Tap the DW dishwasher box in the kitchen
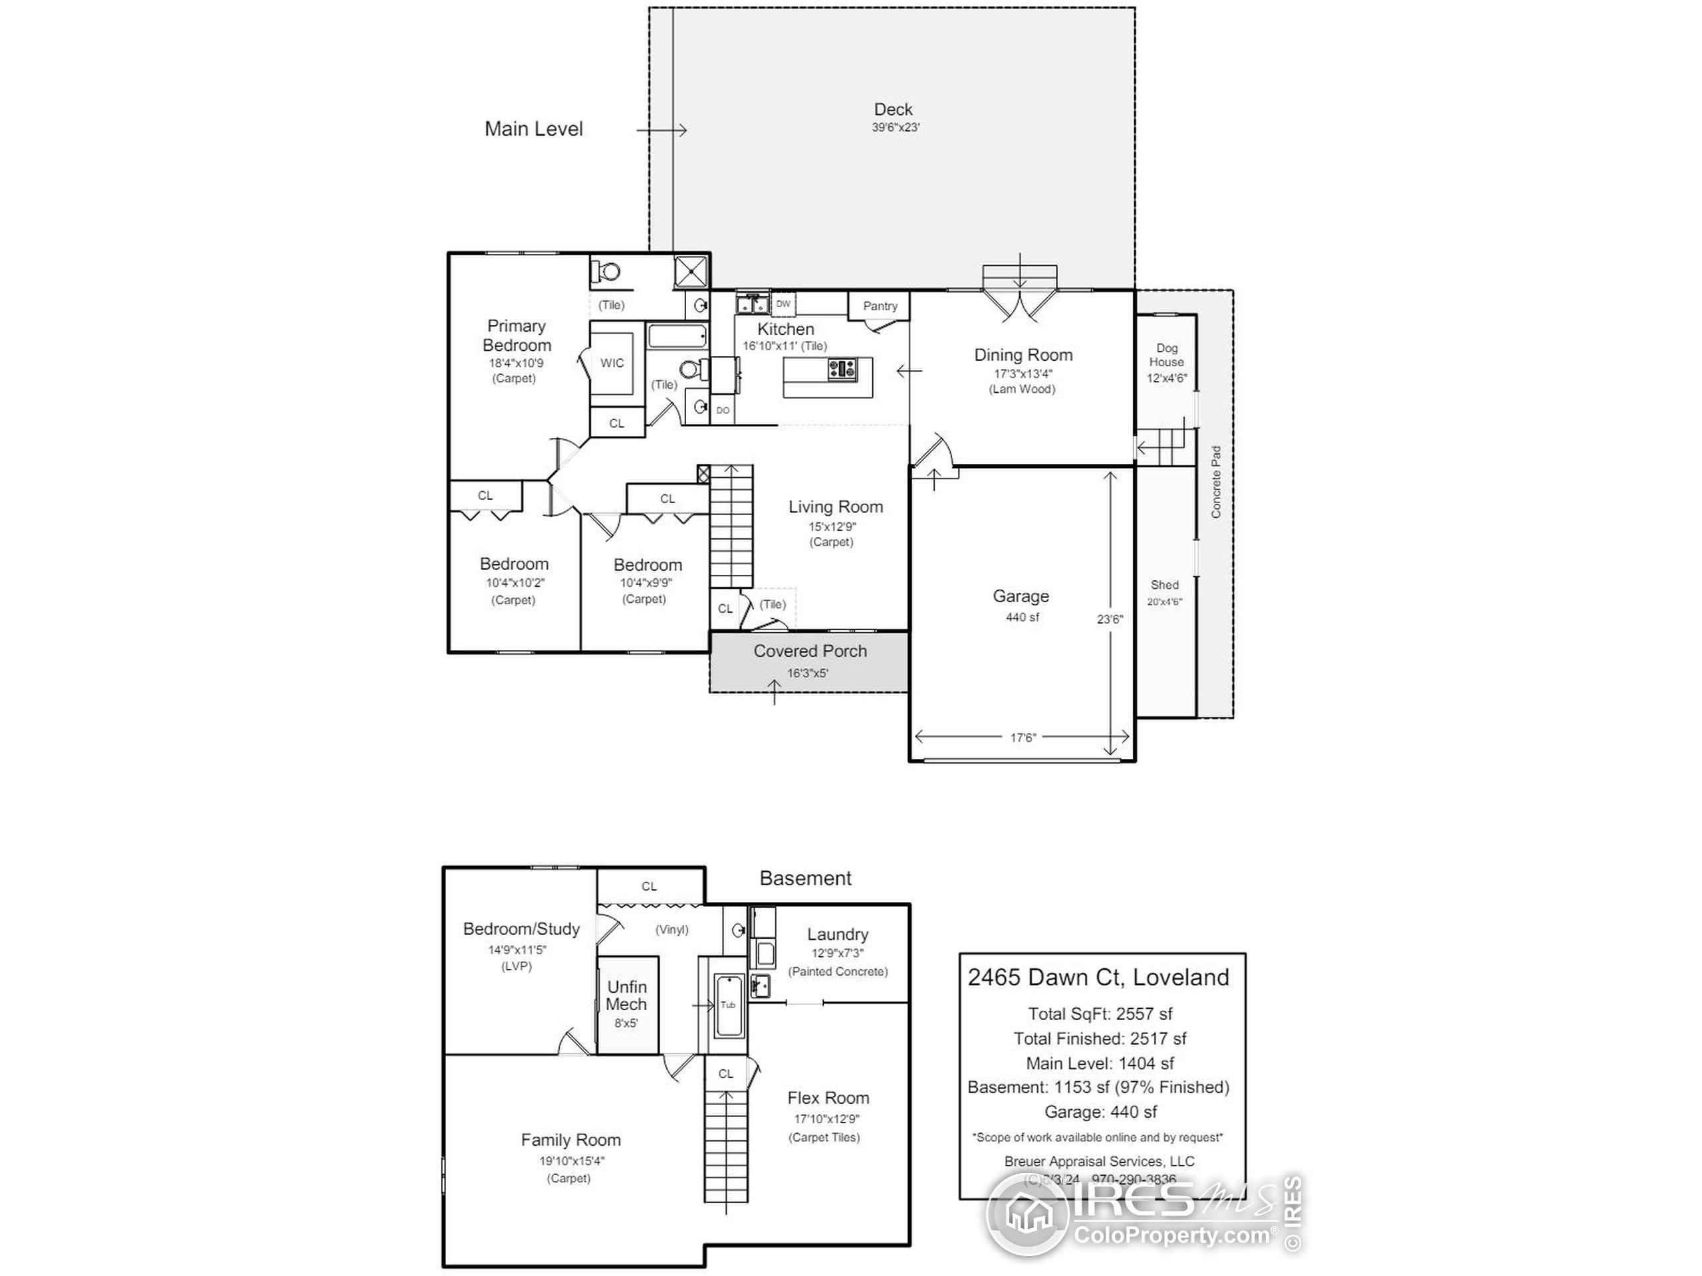(783, 304)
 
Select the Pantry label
(880, 306)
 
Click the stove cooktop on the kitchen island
(842, 370)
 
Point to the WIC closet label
(612, 363)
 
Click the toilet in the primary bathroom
(608, 272)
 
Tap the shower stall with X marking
(691, 272)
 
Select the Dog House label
(1167, 355)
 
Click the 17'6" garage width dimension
(1023, 738)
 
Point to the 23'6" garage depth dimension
(1110, 619)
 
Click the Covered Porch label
(810, 651)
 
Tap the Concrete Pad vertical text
(1216, 482)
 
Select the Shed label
(1164, 585)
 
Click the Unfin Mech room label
(626, 996)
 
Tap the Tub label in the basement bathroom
(727, 1004)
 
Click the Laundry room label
(837, 934)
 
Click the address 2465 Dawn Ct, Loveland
(1098, 978)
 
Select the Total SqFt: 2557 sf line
(1100, 1013)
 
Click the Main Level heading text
(533, 129)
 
